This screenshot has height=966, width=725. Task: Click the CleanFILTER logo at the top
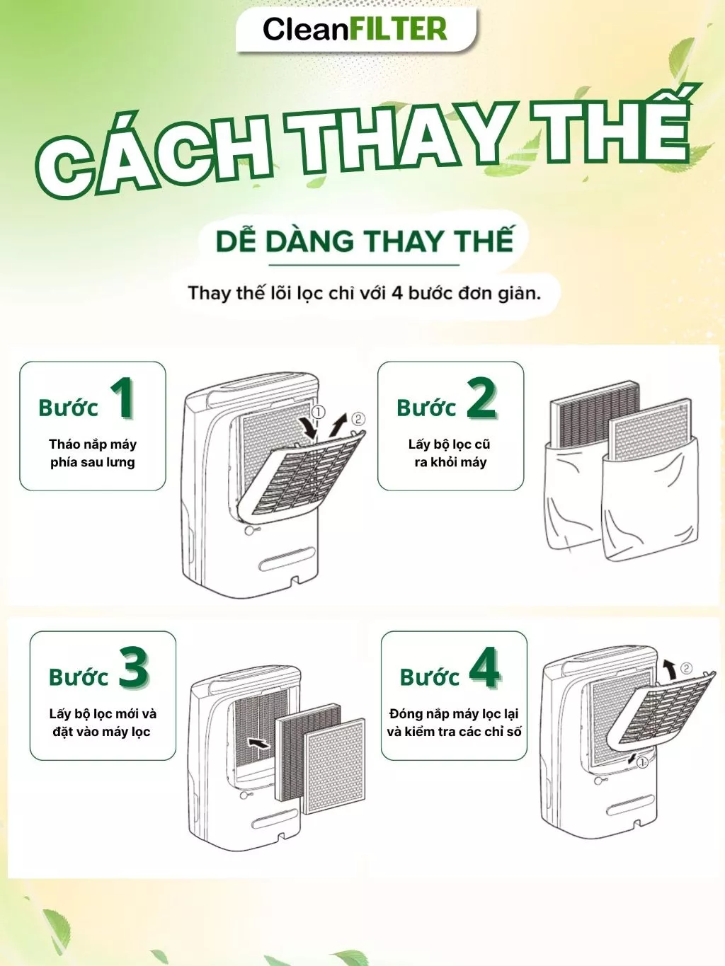(x=355, y=29)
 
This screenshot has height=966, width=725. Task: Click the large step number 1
(x=122, y=398)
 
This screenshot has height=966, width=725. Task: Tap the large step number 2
(x=481, y=398)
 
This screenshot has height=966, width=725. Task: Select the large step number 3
(x=134, y=667)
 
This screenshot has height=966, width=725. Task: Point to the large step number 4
(x=484, y=667)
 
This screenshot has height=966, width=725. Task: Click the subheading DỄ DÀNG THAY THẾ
(x=365, y=241)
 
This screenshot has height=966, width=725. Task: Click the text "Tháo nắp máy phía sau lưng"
(x=93, y=453)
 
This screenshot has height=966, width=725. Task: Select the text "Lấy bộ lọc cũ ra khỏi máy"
(x=450, y=453)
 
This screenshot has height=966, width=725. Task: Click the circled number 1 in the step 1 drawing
(x=318, y=413)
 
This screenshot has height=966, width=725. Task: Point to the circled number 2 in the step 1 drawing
(x=358, y=418)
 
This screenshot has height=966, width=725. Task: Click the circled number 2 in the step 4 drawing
(x=686, y=669)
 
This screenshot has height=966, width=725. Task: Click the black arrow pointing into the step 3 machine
(x=259, y=743)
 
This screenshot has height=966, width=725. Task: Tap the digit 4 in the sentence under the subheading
(x=396, y=293)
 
